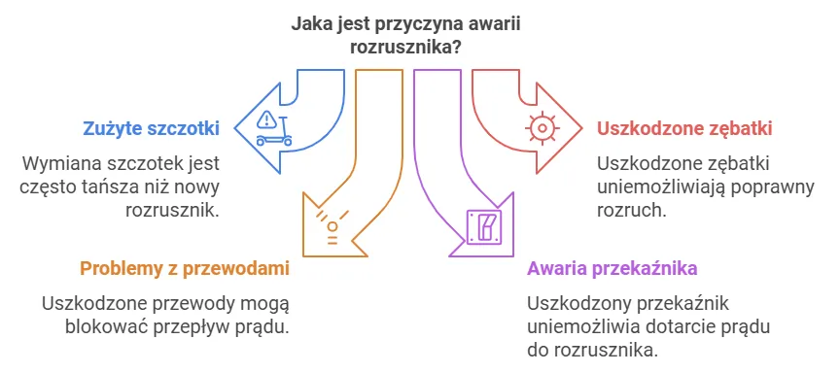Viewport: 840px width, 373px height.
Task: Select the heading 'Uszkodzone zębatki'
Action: pos(671,127)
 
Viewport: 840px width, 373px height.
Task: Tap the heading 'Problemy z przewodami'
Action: pos(185,268)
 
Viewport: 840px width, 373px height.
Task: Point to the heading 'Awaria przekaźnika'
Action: pos(612,268)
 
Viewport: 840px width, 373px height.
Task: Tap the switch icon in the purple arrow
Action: pos(483,226)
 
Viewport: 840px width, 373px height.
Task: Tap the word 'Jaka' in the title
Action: pos(311,22)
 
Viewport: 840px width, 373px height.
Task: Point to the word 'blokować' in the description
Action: pos(104,325)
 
